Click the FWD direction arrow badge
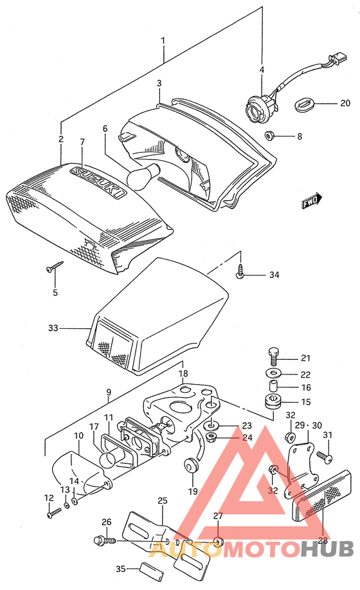coord(312,201)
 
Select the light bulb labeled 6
coord(141,178)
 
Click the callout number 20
coord(345,103)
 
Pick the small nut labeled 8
coord(270,136)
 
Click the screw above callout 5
coord(54,267)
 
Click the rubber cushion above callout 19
coord(191,465)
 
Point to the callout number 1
coord(163,41)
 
